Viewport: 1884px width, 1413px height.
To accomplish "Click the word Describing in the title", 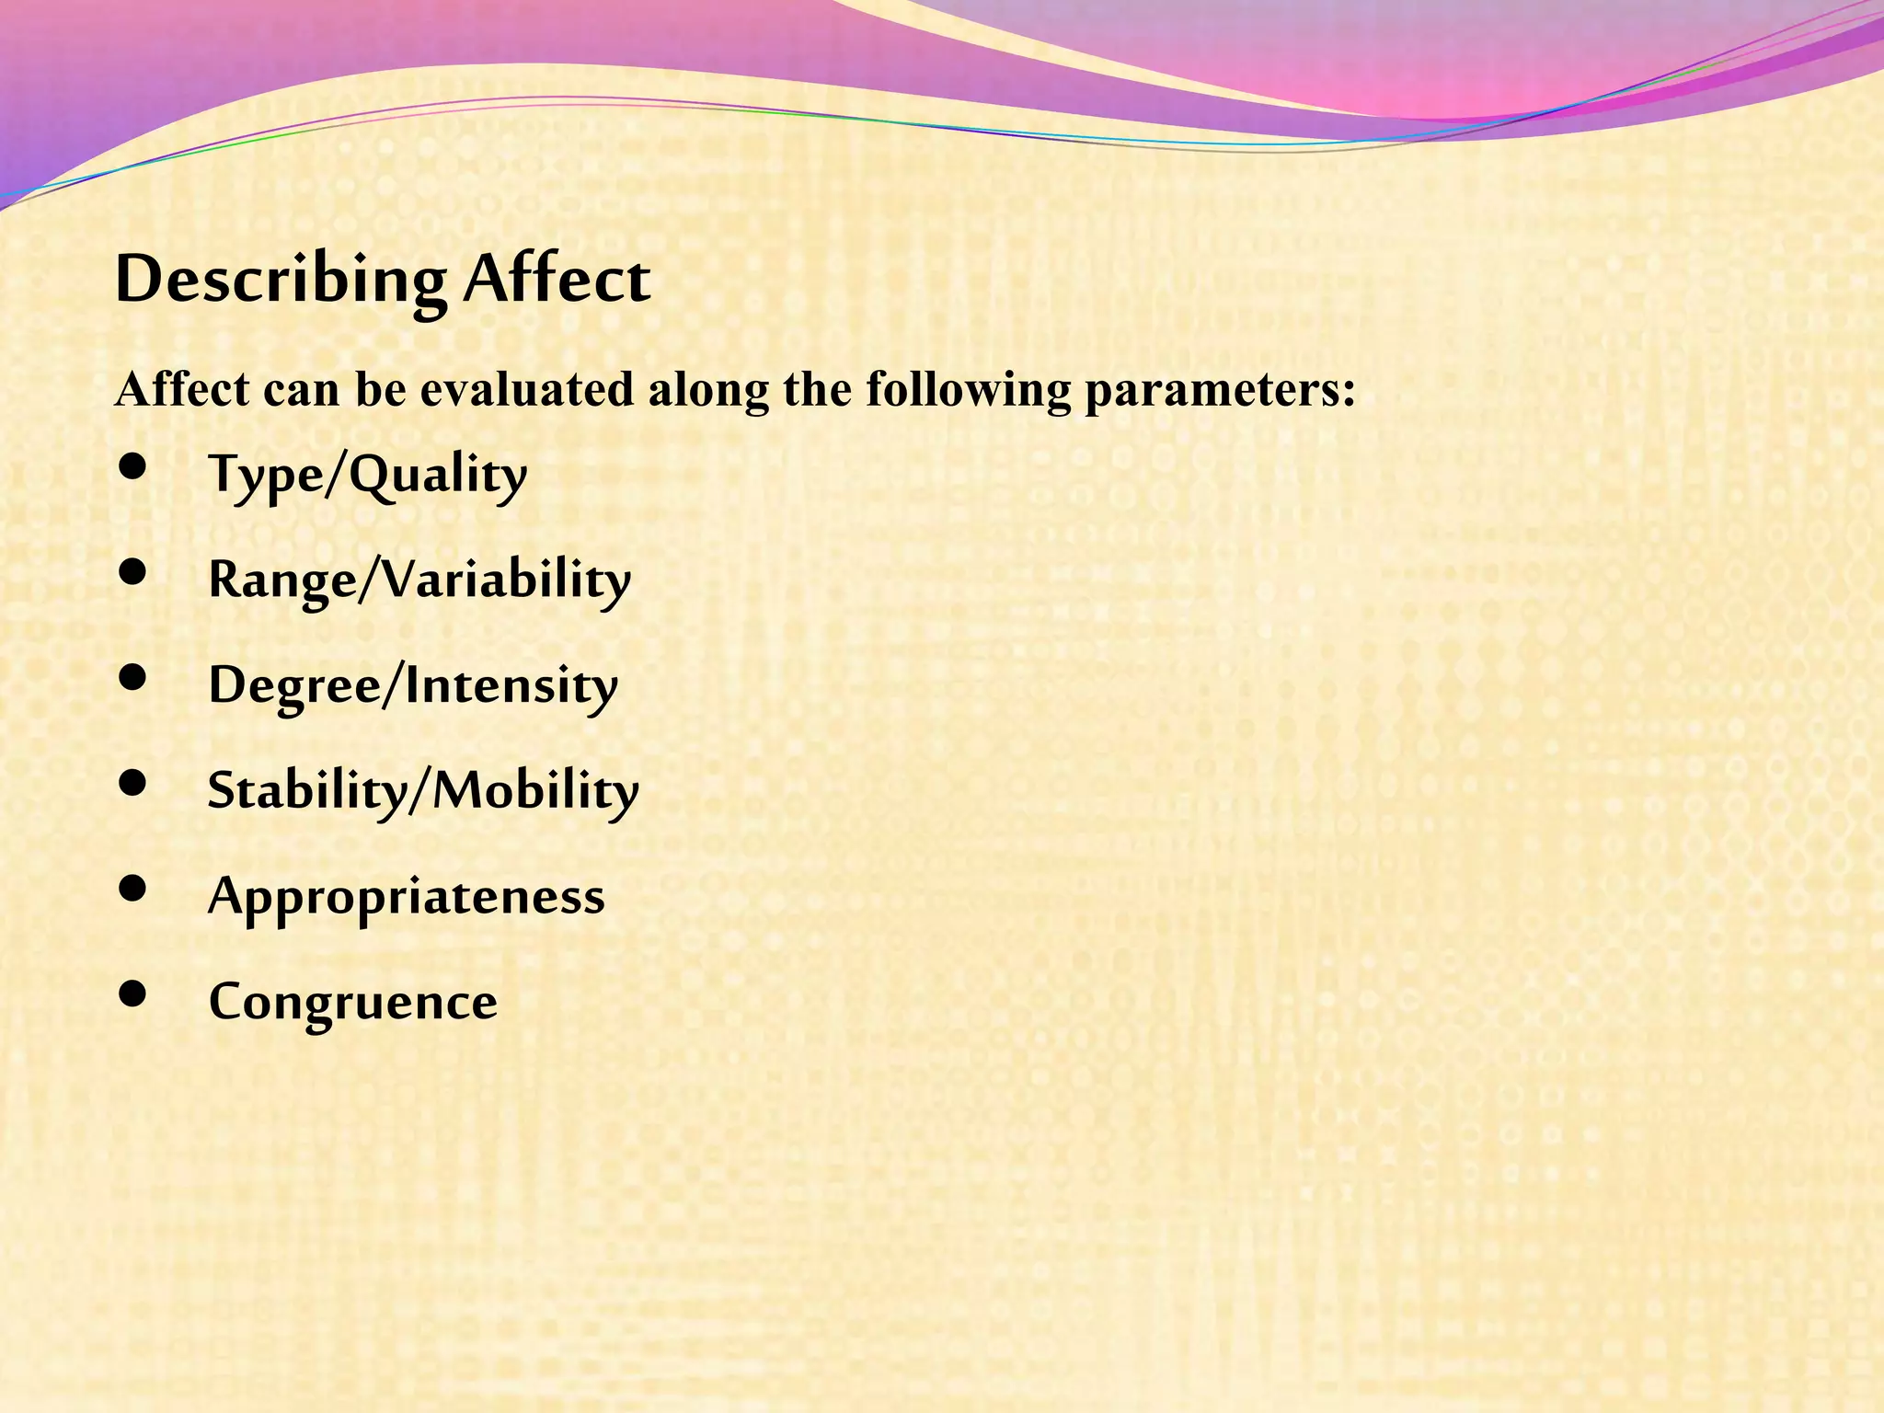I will [x=280, y=280].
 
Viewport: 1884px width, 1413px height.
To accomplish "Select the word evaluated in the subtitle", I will [x=527, y=389].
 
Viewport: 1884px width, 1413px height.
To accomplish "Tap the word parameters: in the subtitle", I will [x=1220, y=391].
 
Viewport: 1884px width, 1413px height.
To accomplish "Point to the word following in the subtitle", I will [x=969, y=391].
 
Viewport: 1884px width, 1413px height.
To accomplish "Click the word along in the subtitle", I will [x=708, y=391].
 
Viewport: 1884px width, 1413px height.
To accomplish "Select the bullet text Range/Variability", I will [x=419, y=580].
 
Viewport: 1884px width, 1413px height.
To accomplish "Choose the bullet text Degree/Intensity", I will [x=413, y=686].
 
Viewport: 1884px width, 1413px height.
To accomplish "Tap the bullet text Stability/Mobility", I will [x=423, y=791].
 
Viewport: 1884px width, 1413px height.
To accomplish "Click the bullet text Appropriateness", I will [x=407, y=897].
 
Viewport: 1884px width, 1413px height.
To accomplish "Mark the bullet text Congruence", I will [x=352, y=1002].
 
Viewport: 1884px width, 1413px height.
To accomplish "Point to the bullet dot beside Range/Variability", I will [x=133, y=572].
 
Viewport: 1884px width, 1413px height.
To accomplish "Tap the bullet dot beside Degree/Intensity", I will [x=133, y=678].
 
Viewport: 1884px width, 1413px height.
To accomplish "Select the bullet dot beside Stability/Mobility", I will [x=133, y=783].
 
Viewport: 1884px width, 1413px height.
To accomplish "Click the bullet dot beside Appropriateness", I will [x=133, y=889].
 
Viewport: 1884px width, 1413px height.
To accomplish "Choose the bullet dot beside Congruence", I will [x=133, y=994].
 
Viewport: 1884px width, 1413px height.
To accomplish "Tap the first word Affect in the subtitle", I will [x=182, y=389].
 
